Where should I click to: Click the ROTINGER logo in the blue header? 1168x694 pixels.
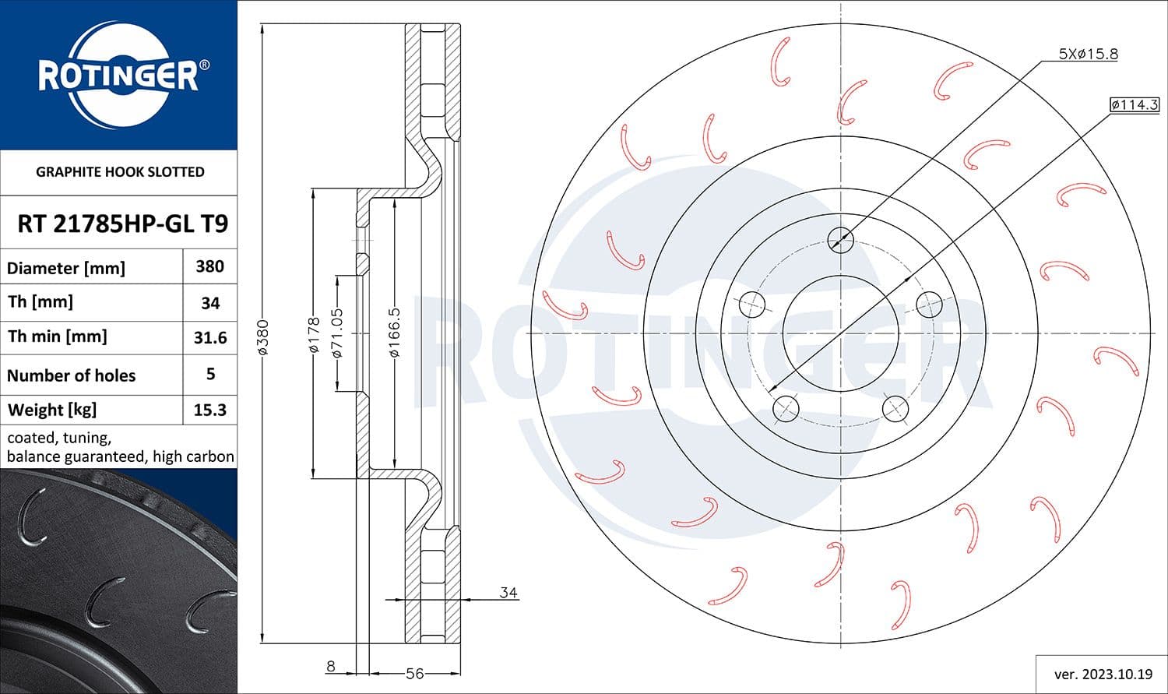118,76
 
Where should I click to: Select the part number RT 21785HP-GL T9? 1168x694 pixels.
122,224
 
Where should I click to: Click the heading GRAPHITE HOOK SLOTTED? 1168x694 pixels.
120,171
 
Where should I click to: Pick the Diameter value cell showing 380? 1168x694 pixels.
209,266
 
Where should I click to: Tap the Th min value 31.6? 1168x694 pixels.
209,337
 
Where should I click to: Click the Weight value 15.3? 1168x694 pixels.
209,410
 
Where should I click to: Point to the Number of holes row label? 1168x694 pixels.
71,375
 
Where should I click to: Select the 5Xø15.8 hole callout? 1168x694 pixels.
1088,54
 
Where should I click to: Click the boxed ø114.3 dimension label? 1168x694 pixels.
1135,104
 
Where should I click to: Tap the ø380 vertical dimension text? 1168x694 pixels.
263,336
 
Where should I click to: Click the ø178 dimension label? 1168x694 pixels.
314,334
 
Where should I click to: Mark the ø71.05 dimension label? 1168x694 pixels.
337,333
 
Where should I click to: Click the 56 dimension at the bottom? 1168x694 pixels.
414,673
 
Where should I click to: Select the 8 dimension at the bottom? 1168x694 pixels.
331,666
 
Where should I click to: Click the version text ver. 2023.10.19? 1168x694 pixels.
1102,674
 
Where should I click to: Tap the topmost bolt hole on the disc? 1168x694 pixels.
840,238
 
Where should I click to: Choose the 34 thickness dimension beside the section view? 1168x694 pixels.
508,593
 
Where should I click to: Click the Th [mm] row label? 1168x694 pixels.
40,301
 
